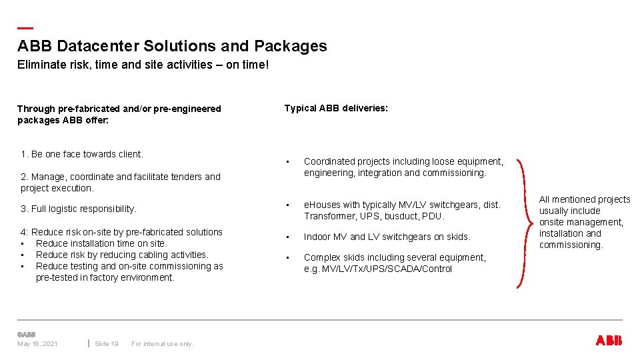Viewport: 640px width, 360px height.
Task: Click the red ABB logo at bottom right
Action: pos(608,341)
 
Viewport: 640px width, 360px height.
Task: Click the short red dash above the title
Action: pos(25,28)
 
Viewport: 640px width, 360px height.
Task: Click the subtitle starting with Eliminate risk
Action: pos(143,65)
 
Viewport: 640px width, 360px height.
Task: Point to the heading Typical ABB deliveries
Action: pos(335,108)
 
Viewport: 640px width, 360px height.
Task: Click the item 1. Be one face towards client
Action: pos(82,154)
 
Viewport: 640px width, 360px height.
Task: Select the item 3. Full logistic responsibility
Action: pos(79,209)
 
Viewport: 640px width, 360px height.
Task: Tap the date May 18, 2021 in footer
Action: pos(37,343)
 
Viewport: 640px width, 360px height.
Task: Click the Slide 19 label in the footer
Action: pos(107,343)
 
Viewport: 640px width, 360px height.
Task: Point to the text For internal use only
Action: pos(162,343)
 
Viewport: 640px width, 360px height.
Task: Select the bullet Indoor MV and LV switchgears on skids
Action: pos(387,237)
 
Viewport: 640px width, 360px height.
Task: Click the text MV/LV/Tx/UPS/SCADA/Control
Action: pos(387,269)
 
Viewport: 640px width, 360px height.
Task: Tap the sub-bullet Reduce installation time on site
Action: pos(101,243)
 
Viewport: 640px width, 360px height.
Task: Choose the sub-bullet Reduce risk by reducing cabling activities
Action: pos(122,255)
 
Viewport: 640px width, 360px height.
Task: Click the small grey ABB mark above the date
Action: pos(26,334)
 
